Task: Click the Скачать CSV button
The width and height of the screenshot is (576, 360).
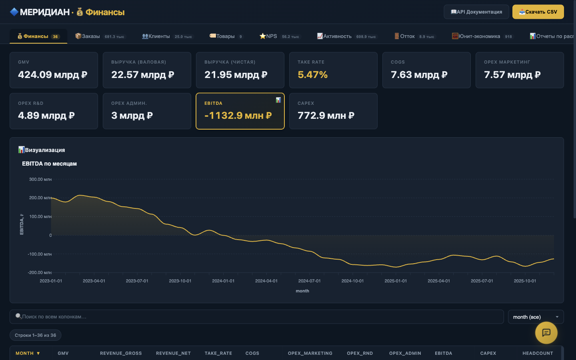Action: [538, 12]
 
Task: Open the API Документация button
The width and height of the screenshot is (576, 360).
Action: [476, 12]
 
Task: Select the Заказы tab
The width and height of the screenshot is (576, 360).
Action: [100, 36]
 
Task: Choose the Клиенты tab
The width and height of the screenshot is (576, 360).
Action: [167, 36]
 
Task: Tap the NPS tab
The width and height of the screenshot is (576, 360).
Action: [279, 36]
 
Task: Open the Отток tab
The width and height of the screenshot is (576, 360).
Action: [414, 36]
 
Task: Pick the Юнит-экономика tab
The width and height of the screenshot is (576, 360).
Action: [482, 36]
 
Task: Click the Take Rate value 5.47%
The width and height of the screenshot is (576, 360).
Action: [313, 74]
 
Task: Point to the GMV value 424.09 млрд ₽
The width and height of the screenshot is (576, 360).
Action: [53, 74]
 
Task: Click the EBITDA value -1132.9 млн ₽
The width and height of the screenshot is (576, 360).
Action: [238, 116]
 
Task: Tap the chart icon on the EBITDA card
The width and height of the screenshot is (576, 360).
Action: [278, 100]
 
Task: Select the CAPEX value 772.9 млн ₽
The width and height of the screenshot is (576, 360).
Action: [326, 116]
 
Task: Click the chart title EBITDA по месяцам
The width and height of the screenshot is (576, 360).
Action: [49, 164]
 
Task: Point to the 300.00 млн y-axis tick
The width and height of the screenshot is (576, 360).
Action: [40, 179]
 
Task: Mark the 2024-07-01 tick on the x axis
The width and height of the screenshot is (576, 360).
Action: [309, 281]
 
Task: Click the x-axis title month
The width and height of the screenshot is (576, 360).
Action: [302, 291]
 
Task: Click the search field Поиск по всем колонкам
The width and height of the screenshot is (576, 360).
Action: [257, 316]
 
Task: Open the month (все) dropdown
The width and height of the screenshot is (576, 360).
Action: [536, 317]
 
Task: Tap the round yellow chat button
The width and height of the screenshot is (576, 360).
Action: [546, 333]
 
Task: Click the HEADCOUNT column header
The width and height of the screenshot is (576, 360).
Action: [538, 353]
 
